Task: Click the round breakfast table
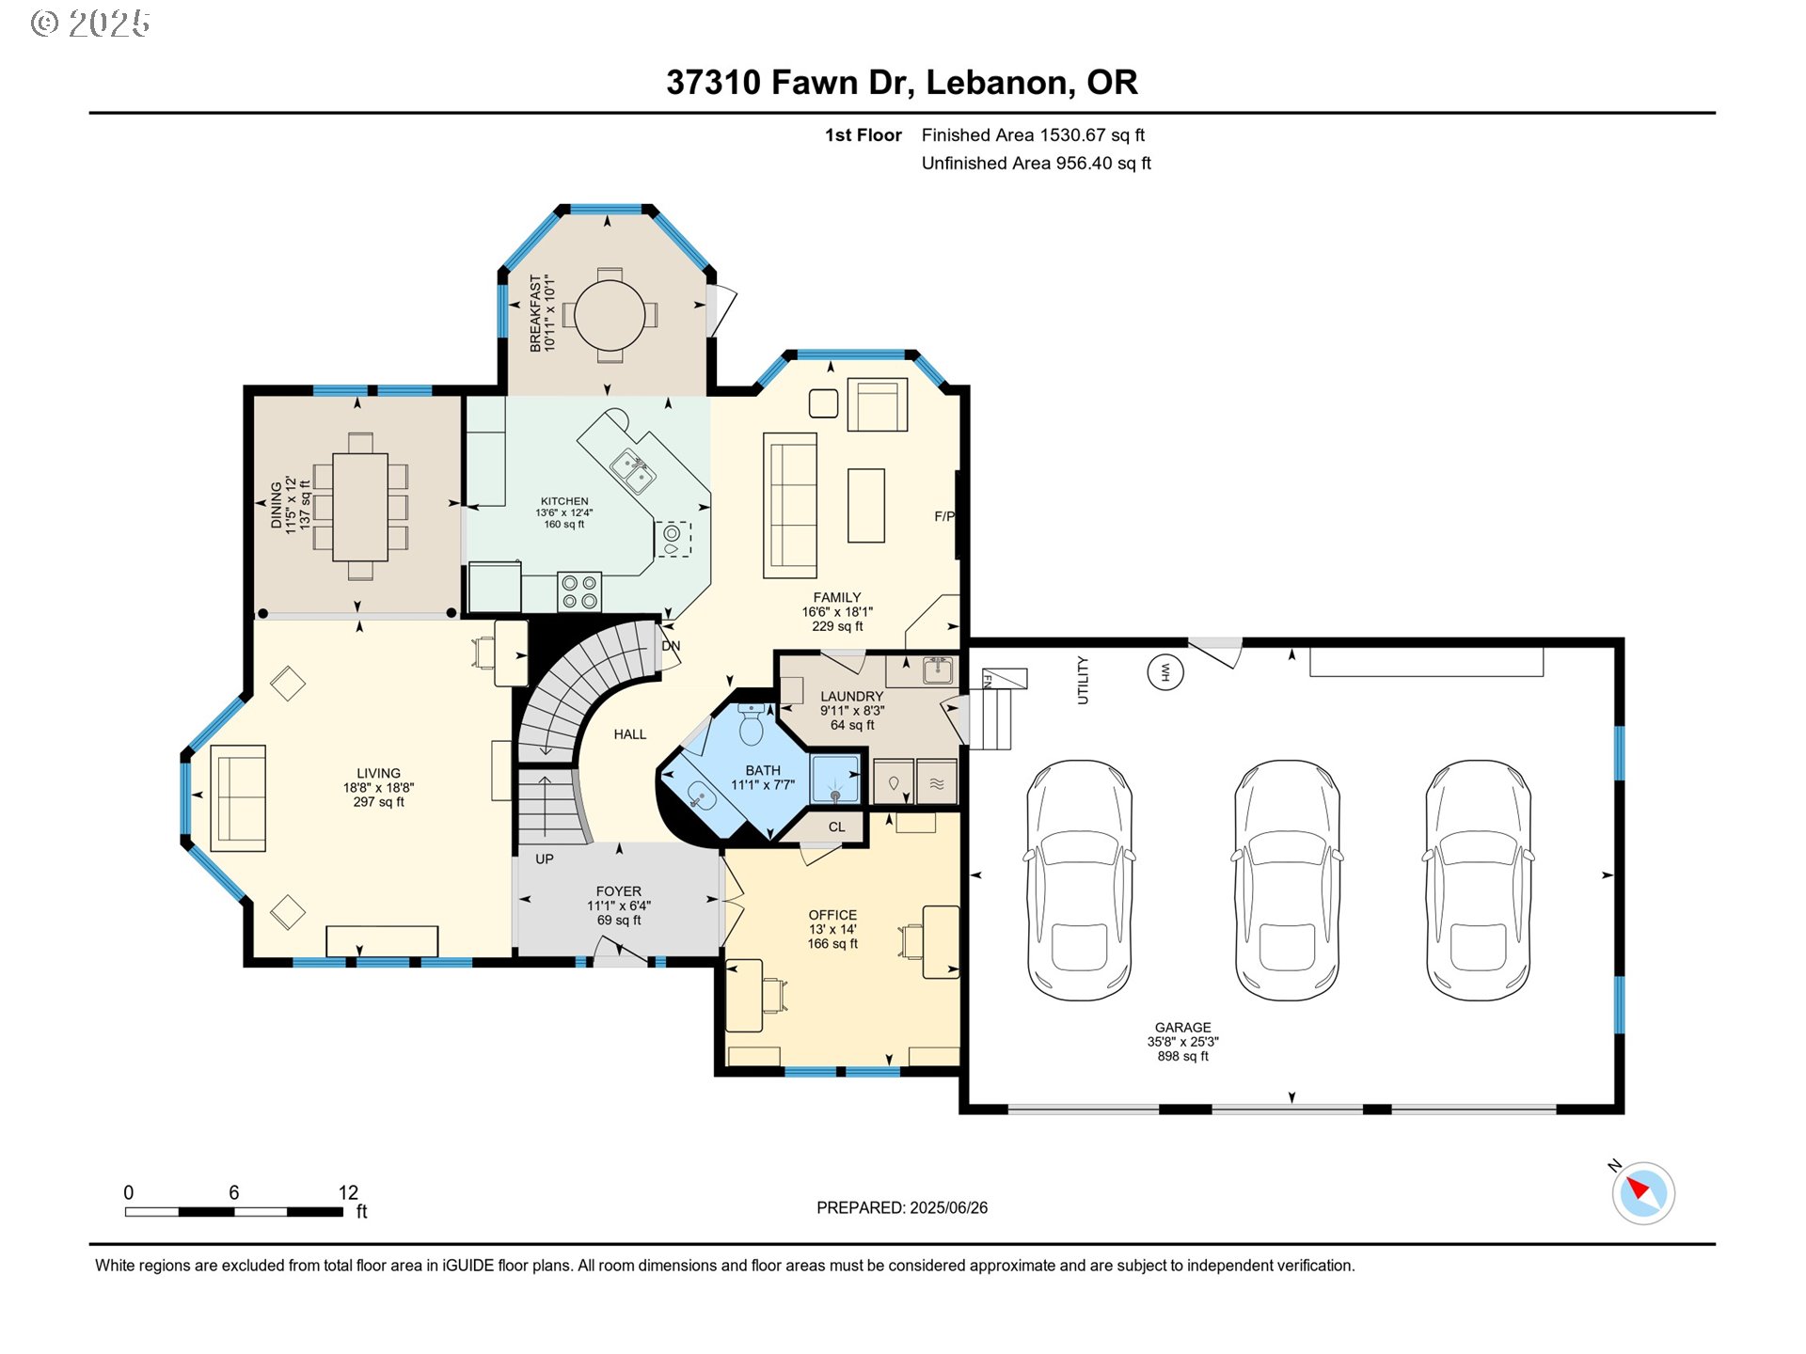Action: pos(610,315)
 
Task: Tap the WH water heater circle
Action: pos(1164,672)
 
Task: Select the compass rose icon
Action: pos(1643,1193)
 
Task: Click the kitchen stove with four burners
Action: pos(579,591)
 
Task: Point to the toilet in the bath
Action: pos(752,725)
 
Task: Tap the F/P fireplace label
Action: pos(943,516)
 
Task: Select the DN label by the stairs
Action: pos(671,646)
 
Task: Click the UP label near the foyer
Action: pos(544,858)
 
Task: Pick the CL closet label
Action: pos(836,827)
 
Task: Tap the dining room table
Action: pos(360,508)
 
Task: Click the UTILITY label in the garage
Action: pos(1083,680)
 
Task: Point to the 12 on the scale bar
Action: pos(348,1192)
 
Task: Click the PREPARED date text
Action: pos(901,1208)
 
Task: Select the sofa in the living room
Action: pos(238,798)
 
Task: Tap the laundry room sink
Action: pos(937,670)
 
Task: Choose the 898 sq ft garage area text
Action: pos(1182,1056)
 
